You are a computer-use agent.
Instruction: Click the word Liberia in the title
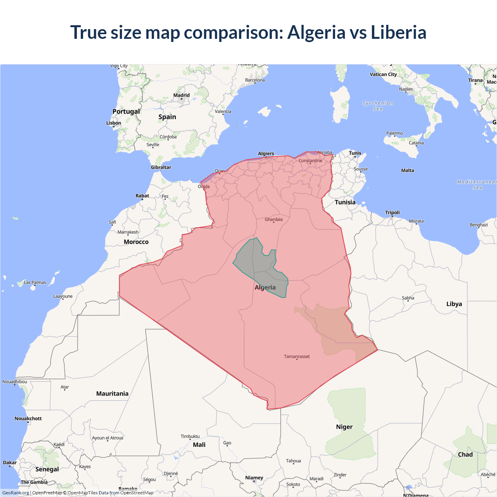(398, 33)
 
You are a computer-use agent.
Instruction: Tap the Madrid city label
(181, 95)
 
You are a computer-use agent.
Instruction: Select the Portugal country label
(126, 111)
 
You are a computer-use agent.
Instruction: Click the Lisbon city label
(114, 123)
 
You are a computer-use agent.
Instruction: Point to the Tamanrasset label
(297, 356)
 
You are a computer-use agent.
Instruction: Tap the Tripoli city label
(392, 212)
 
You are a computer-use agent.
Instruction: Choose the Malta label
(408, 170)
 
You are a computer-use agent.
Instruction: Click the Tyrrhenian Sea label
(378, 106)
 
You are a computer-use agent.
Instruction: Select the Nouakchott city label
(28, 419)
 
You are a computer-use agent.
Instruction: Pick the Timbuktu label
(190, 436)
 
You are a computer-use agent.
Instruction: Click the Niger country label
(344, 427)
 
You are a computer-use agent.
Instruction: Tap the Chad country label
(465, 454)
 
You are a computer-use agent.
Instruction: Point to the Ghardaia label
(274, 219)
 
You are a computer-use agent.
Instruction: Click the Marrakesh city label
(128, 232)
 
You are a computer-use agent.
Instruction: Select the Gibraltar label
(161, 167)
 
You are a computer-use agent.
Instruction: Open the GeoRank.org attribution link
(16, 493)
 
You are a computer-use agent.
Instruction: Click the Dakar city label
(10, 462)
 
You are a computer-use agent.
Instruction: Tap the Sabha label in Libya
(408, 298)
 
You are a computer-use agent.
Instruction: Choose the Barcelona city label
(255, 80)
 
